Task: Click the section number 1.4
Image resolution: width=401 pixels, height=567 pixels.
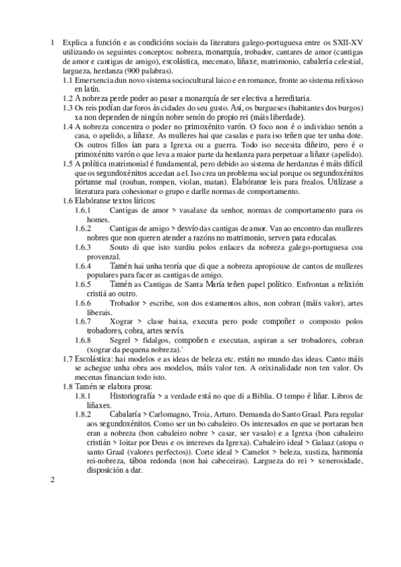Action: (x=67, y=126)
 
